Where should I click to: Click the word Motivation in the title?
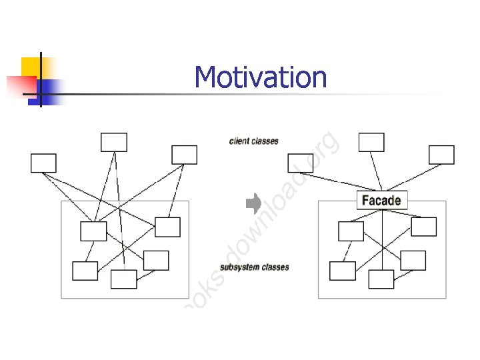coord(261,77)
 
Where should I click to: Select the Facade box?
coord(381,200)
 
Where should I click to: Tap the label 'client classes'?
coord(253,141)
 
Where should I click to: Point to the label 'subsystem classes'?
coord(254,267)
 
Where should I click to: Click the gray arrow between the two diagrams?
coord(253,203)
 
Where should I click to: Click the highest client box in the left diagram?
coord(113,142)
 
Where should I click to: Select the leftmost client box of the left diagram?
coord(43,163)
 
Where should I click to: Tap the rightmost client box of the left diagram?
coord(184,155)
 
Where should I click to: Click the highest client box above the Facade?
coord(371,142)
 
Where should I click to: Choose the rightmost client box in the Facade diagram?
coord(441,155)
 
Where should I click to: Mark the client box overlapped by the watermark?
coord(300,163)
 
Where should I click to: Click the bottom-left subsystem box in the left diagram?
coord(85,271)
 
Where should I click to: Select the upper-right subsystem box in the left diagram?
coord(167,227)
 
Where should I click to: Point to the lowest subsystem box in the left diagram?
coord(123,279)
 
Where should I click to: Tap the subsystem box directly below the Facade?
coord(381,279)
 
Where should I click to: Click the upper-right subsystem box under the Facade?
coord(423,227)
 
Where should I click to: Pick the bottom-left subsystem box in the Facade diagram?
coord(343,271)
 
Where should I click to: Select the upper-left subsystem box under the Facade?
coord(351,231)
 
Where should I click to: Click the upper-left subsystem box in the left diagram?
coord(93,231)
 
